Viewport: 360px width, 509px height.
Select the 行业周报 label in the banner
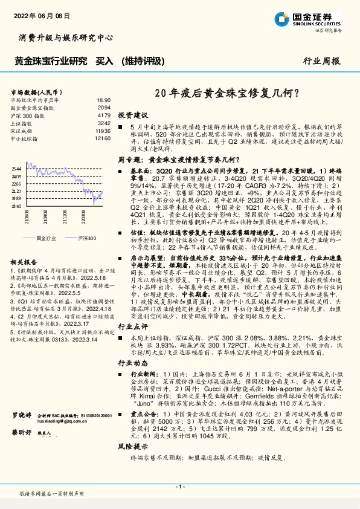321,61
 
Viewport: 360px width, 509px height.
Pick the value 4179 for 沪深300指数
104,114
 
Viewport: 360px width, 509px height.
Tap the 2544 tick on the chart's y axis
16,168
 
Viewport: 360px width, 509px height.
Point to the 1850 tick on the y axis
16,206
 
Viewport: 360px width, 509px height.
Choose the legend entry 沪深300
87,238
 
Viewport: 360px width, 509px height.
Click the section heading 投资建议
132,114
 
